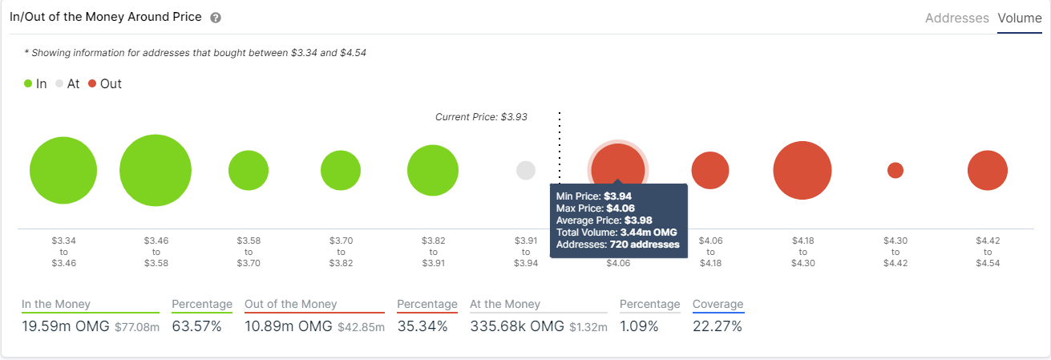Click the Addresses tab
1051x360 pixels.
[x=956, y=18]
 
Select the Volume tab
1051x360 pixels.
[x=1020, y=18]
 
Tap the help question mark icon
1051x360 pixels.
[x=216, y=18]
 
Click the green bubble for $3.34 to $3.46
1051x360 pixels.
[x=63, y=170]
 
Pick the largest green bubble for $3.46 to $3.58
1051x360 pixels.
[x=156, y=170]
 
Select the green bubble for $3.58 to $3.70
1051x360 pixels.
[x=249, y=170]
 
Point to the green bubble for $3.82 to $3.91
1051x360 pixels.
[x=433, y=170]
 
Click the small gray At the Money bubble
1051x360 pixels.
[x=526, y=170]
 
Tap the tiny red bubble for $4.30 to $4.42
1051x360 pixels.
[x=895, y=170]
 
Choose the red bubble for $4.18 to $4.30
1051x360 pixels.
[x=802, y=170]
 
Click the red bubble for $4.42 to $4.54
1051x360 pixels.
[x=987, y=170]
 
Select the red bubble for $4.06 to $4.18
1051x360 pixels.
[x=710, y=170]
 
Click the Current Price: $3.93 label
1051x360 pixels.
[x=481, y=117]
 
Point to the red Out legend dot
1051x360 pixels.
[x=92, y=83]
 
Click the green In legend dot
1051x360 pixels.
[x=28, y=83]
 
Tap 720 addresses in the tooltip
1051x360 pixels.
[x=645, y=245]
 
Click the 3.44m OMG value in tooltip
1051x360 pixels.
[x=649, y=233]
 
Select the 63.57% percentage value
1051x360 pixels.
[x=196, y=326]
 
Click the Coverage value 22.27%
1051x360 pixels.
[x=718, y=326]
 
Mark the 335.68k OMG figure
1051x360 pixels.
[x=517, y=326]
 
